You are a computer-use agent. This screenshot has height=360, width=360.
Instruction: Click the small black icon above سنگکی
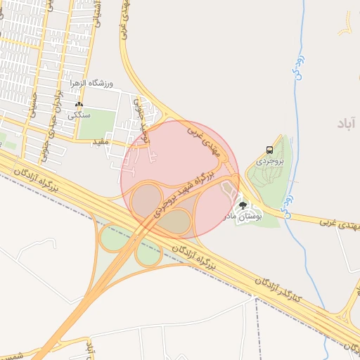point(79,104)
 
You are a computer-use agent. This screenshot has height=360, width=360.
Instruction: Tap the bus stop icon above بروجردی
point(269,150)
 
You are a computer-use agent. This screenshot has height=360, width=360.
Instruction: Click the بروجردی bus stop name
point(268,161)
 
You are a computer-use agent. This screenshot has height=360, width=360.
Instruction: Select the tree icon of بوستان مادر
point(243,205)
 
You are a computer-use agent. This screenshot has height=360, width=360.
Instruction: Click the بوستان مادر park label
point(242,217)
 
